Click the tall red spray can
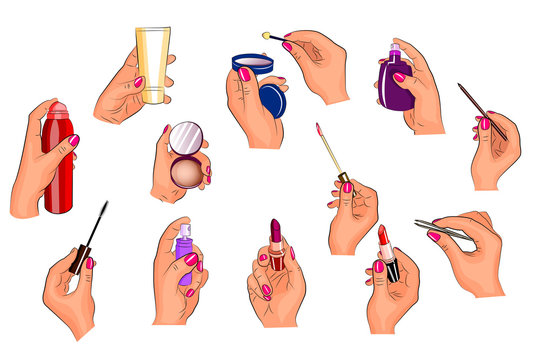pos(58,165)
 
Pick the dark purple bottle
pos(395,85)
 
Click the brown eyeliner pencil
pos(481,110)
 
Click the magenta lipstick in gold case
pos(276,246)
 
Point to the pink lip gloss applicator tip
pos(319,130)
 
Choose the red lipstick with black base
pos(387,254)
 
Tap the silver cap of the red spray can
pos(58,110)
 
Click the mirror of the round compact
pos(186,138)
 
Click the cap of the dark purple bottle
pos(394,52)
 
